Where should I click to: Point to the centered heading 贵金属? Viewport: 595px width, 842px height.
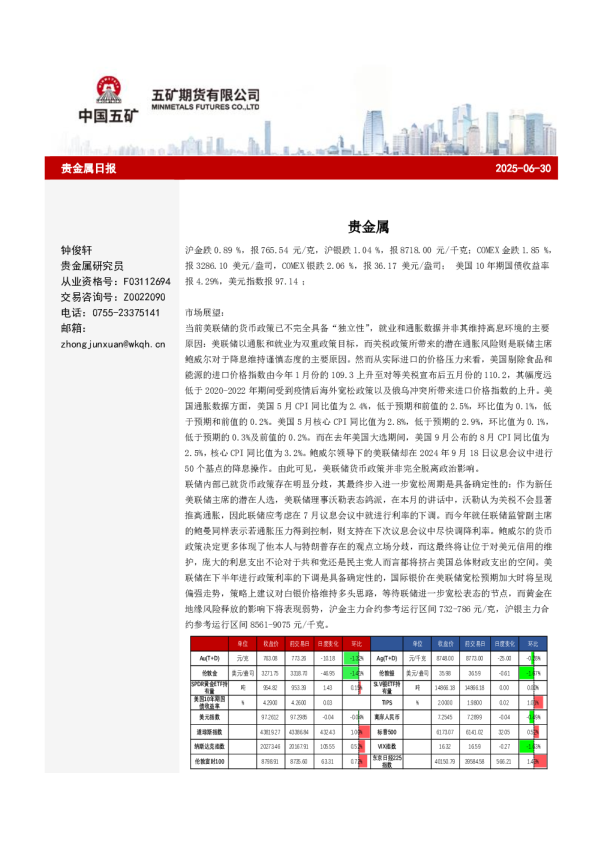[x=361, y=227]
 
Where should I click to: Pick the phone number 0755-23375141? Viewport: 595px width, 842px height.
[x=127, y=313]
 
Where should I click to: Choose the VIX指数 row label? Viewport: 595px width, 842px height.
[x=390, y=746]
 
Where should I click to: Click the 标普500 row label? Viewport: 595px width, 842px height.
[x=390, y=731]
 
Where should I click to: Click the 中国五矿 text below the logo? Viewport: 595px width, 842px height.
[x=109, y=116]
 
